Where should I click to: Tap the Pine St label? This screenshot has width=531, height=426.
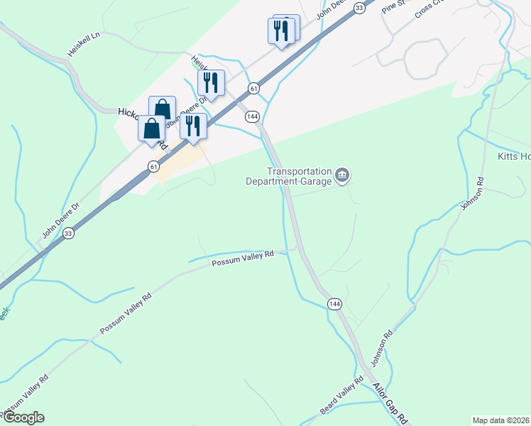coord(391,7)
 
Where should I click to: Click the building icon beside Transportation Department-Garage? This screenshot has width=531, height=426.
coord(342,175)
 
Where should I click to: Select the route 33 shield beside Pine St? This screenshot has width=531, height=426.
coord(359,7)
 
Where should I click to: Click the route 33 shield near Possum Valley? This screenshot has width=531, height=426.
coord(68,232)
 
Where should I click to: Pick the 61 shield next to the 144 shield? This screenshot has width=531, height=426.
coord(253,88)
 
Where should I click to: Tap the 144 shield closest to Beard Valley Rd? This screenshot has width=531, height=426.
coord(334,304)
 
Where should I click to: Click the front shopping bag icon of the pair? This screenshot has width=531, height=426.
coord(151,129)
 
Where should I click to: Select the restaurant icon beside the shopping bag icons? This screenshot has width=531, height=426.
coord(192,126)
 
